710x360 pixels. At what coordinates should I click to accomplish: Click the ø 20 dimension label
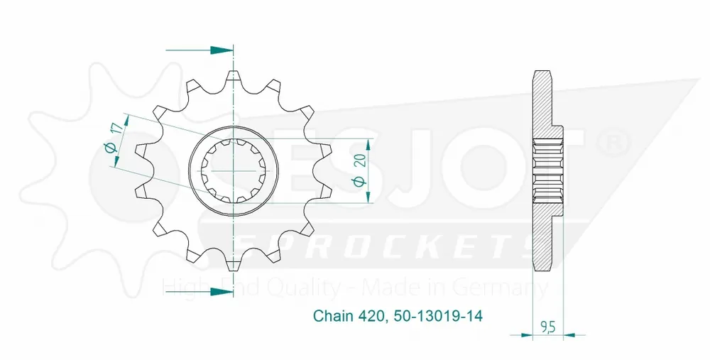tap(361, 172)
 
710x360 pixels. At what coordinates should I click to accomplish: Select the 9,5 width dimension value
tap(547, 327)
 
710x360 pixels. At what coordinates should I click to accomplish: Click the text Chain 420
tap(347, 315)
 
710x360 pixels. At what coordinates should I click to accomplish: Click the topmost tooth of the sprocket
tap(234, 77)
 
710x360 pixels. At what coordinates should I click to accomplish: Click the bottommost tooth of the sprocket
tap(234, 265)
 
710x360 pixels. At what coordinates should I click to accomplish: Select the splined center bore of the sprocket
tap(234, 171)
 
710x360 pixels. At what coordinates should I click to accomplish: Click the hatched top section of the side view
tap(543, 99)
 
